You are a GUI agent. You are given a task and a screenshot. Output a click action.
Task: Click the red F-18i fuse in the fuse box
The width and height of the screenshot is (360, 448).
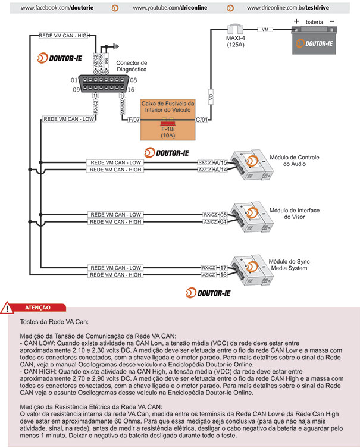click(167, 123)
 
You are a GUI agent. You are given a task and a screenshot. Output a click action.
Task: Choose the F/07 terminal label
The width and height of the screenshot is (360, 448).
click(134, 120)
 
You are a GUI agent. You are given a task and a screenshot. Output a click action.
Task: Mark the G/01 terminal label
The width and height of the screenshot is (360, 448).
click(202, 120)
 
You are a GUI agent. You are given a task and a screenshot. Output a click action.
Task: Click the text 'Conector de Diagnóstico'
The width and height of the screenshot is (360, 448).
click(132, 66)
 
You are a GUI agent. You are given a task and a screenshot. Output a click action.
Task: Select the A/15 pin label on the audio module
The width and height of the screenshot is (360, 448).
click(221, 162)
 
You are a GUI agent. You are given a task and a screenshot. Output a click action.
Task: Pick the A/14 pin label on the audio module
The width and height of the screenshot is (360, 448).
click(221, 170)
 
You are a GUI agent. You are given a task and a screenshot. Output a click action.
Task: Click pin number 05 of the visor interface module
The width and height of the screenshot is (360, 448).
click(224, 215)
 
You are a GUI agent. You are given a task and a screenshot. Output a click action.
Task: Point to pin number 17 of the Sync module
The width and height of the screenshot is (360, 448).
click(224, 268)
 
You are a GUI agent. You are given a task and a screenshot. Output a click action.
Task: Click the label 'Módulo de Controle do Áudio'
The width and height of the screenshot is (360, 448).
click(295, 161)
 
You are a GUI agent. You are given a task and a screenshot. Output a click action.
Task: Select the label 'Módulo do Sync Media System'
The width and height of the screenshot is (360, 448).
click(290, 265)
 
